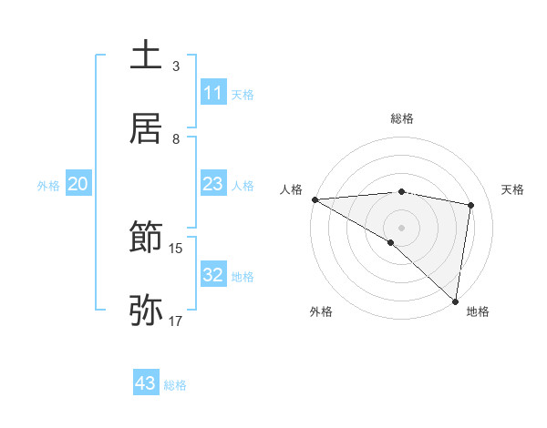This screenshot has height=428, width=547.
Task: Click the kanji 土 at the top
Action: [146, 56]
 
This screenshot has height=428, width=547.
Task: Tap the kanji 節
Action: [146, 239]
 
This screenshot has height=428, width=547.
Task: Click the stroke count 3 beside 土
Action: [176, 66]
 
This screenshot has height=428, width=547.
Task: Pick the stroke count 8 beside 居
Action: [176, 139]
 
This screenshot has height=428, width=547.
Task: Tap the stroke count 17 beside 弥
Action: [176, 321]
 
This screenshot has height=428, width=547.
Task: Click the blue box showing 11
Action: [212, 93]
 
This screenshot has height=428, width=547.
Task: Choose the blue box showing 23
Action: [212, 184]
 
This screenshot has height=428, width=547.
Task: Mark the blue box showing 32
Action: [212, 275]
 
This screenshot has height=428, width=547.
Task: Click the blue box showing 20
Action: [77, 184]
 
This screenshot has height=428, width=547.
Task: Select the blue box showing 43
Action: [146, 383]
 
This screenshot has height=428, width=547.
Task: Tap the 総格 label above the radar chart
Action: [401, 118]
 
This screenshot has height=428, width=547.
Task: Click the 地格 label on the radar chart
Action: [478, 311]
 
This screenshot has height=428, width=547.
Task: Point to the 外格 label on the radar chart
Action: [321, 311]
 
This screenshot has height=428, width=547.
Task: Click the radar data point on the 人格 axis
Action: [315, 199]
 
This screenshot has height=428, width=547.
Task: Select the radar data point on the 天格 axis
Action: [471, 205]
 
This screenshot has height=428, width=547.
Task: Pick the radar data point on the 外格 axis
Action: [391, 242]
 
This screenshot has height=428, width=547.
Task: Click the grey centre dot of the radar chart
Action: [401, 227]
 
